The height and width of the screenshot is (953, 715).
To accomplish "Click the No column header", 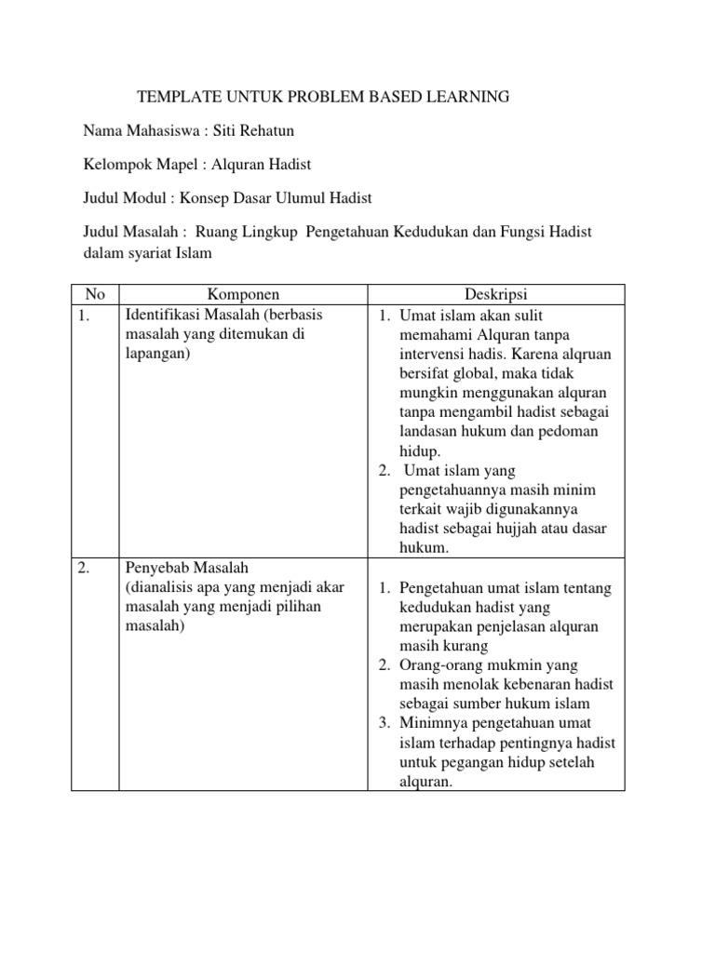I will tap(95, 294).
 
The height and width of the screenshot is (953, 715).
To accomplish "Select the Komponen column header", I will tap(243, 294).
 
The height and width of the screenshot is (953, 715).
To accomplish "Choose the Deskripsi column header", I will tap(495, 294).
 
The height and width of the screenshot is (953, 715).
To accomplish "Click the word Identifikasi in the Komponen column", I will tap(162, 315).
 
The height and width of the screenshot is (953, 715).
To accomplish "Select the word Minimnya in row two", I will tap(427, 723).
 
